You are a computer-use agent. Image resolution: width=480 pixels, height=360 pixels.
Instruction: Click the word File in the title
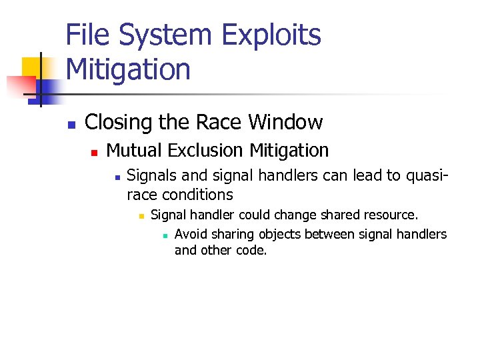(x=90, y=35)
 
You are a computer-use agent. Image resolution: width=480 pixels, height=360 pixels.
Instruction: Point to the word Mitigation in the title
(x=128, y=69)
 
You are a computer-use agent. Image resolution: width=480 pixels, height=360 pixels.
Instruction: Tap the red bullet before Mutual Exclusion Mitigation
(x=94, y=153)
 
